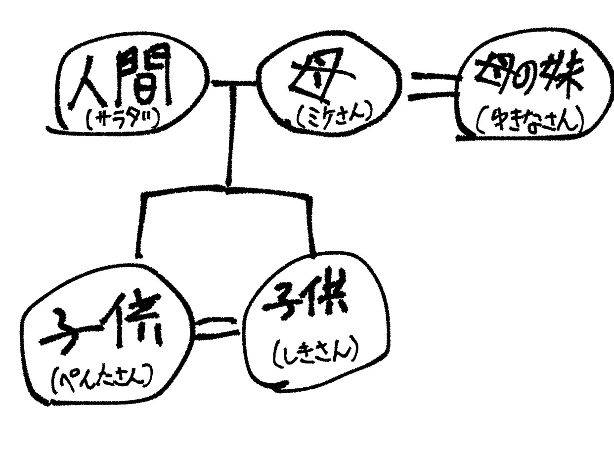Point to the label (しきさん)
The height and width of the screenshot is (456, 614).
(x=314, y=352)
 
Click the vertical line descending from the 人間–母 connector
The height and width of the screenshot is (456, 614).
(x=229, y=138)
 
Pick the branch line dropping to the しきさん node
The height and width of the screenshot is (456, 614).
(x=311, y=223)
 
